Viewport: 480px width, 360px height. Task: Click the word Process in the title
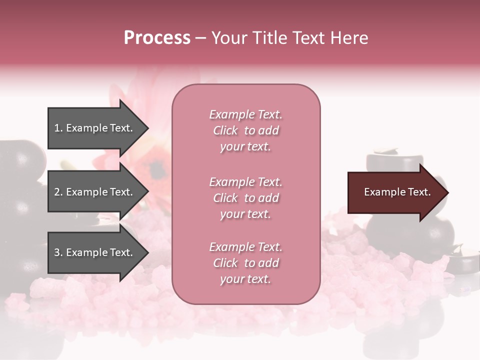point(157,38)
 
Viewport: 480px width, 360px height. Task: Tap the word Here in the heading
point(348,38)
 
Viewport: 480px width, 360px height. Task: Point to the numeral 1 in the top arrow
point(57,128)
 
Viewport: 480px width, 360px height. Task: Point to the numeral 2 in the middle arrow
point(57,192)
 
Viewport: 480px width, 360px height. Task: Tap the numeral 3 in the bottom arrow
point(57,252)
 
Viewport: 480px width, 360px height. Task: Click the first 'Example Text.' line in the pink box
point(245,114)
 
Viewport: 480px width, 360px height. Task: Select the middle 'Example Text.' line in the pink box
point(245,182)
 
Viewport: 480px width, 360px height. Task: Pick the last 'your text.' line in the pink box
point(245,279)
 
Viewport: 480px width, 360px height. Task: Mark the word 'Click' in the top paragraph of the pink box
point(225,130)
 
